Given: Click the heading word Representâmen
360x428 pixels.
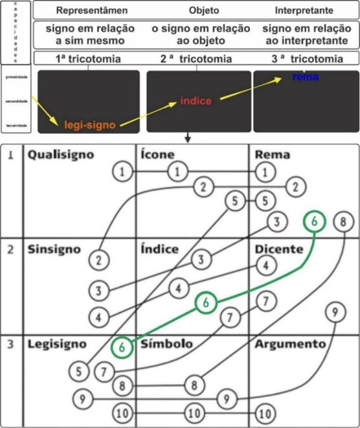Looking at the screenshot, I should point(91,11).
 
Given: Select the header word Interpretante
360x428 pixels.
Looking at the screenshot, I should point(303,11).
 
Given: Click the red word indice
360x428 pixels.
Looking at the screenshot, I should point(196,102).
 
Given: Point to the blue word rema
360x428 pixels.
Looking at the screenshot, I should point(303,77).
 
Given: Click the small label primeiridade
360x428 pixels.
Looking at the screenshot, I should point(16,76).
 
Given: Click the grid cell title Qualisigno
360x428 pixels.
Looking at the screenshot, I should point(60,155).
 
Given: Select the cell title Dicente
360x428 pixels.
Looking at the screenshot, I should point(279,249).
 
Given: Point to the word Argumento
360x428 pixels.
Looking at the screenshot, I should point(291,344).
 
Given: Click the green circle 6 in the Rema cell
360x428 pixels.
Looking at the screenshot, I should point(314,221).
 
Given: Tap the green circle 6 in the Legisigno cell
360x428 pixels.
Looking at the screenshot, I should point(122,346).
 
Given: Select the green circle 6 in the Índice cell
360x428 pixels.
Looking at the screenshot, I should point(205,302).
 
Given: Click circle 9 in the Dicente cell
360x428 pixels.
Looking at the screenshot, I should point(333,313).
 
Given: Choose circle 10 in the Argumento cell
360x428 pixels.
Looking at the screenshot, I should point(263,412).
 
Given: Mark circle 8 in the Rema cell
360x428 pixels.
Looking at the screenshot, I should point(343,221).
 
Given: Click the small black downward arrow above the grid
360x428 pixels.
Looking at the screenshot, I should point(187,137).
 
